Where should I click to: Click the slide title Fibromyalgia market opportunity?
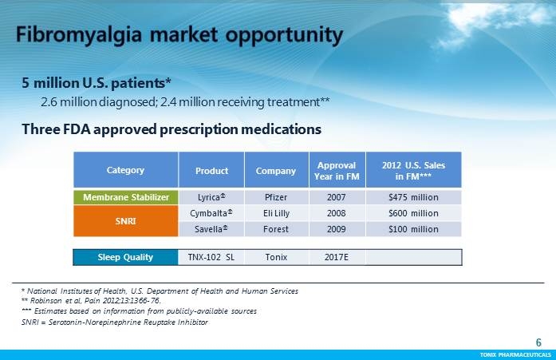click(180, 36)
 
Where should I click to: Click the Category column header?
click(125, 170)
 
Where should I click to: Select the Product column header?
click(212, 170)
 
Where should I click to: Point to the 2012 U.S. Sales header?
click(413, 170)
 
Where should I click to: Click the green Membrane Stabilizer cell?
click(125, 197)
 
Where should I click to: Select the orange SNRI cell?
click(125, 221)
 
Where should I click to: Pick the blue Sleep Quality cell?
click(125, 257)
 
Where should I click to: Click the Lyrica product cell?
click(212, 197)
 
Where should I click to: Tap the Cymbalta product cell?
click(212, 213)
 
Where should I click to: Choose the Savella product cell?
click(212, 229)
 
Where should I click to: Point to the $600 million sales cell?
click(413, 213)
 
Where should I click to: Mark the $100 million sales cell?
click(413, 229)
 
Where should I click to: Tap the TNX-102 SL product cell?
click(211, 257)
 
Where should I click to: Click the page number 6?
click(538, 342)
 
